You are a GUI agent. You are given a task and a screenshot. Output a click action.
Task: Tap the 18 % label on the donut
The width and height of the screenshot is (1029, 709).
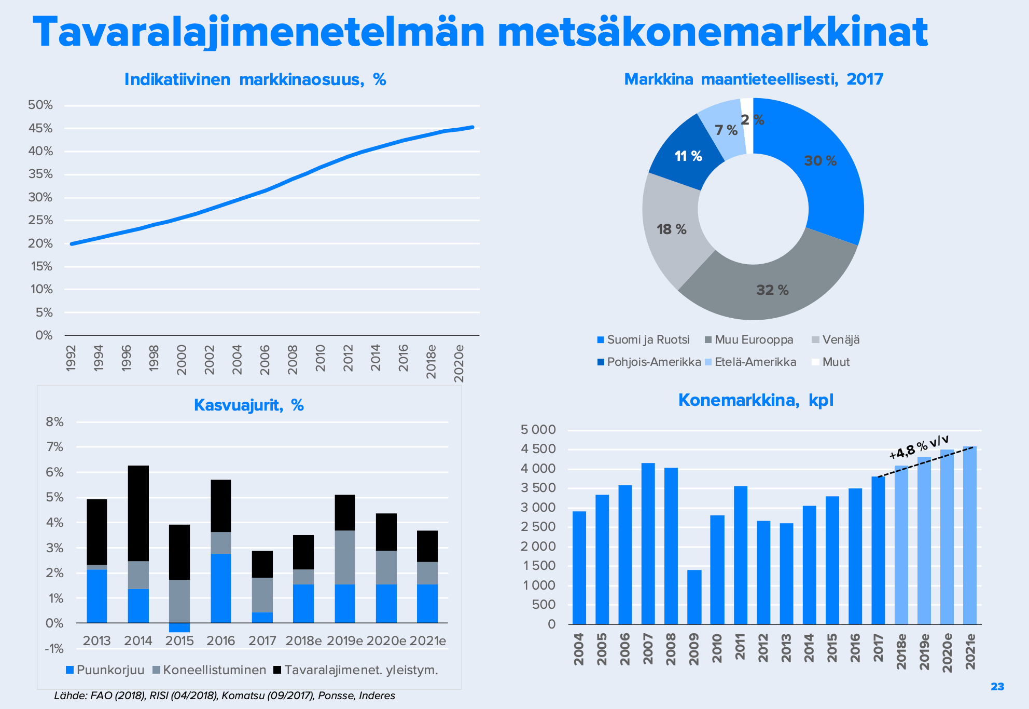[x=671, y=229]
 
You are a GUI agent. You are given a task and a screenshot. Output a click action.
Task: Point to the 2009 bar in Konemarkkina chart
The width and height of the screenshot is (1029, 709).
[x=694, y=597]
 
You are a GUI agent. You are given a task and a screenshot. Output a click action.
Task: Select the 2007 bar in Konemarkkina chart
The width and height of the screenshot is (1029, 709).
[x=648, y=543]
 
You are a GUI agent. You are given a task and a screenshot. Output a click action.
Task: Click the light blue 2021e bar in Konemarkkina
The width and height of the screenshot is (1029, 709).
[x=969, y=535]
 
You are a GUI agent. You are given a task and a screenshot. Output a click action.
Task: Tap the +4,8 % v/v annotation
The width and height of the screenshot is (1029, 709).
[x=919, y=447]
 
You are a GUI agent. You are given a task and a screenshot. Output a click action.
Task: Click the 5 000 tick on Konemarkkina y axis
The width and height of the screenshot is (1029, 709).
[x=538, y=430]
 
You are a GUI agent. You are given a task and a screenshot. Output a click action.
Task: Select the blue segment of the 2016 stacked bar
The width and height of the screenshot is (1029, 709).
[x=221, y=588]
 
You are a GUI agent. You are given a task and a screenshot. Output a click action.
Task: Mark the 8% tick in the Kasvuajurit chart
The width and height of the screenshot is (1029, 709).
[x=54, y=422]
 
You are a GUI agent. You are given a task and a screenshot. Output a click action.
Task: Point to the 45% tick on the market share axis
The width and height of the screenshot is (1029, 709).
[x=40, y=128]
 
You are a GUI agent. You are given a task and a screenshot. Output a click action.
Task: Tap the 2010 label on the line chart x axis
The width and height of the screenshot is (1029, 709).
[x=321, y=358]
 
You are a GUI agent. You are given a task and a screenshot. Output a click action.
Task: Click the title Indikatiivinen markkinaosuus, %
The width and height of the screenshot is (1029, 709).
[x=255, y=79]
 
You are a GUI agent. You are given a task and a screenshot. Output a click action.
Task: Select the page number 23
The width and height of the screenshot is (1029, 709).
[x=997, y=687]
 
